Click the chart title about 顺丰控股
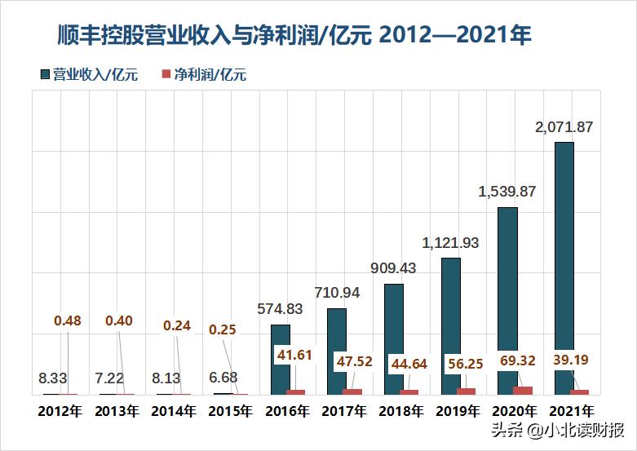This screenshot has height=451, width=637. (294, 34)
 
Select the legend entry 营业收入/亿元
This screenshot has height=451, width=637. (89, 75)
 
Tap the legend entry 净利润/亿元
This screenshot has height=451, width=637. (204, 75)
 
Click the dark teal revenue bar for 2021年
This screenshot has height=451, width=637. (564, 268)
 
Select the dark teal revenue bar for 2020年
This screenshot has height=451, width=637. (507, 301)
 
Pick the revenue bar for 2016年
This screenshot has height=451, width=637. (281, 360)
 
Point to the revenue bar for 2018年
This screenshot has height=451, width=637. (394, 339)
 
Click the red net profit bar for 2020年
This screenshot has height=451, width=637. (523, 391)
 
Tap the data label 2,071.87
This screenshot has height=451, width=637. (564, 126)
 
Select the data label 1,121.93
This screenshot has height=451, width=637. (450, 242)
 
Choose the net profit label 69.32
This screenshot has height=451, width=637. (530, 359)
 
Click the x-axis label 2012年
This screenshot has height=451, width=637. (60, 412)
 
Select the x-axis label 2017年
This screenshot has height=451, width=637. (343, 412)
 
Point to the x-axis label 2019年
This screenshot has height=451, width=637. (457, 412)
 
